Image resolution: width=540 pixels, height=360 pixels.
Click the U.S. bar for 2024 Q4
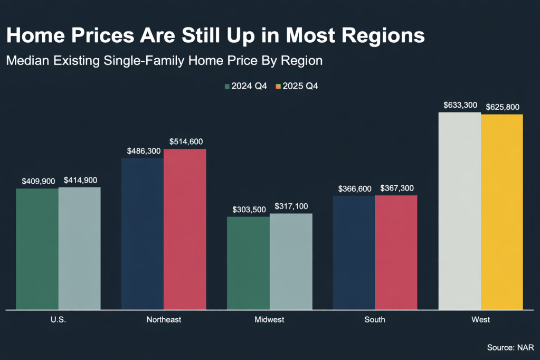tap(37, 248)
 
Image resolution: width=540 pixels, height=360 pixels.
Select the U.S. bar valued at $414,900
tap(79, 248)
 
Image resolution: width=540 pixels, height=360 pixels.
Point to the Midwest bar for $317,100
tap(291, 261)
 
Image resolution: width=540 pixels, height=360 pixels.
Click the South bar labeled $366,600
tap(354, 252)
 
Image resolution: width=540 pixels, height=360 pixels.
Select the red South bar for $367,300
tap(396, 252)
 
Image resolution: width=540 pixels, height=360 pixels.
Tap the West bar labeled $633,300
tap(460, 211)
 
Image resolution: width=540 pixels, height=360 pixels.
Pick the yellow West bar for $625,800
tap(502, 212)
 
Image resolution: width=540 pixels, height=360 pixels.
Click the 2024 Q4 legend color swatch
tap(227, 86)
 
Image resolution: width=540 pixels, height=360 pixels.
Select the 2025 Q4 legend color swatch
tap(278, 86)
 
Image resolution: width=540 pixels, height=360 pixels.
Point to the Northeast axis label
tap(164, 320)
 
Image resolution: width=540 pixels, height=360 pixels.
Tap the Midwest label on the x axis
tap(269, 320)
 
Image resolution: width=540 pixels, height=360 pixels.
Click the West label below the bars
tap(481, 320)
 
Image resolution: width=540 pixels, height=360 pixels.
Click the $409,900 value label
tap(38, 181)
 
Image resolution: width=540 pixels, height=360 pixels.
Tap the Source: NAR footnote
tap(510, 347)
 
